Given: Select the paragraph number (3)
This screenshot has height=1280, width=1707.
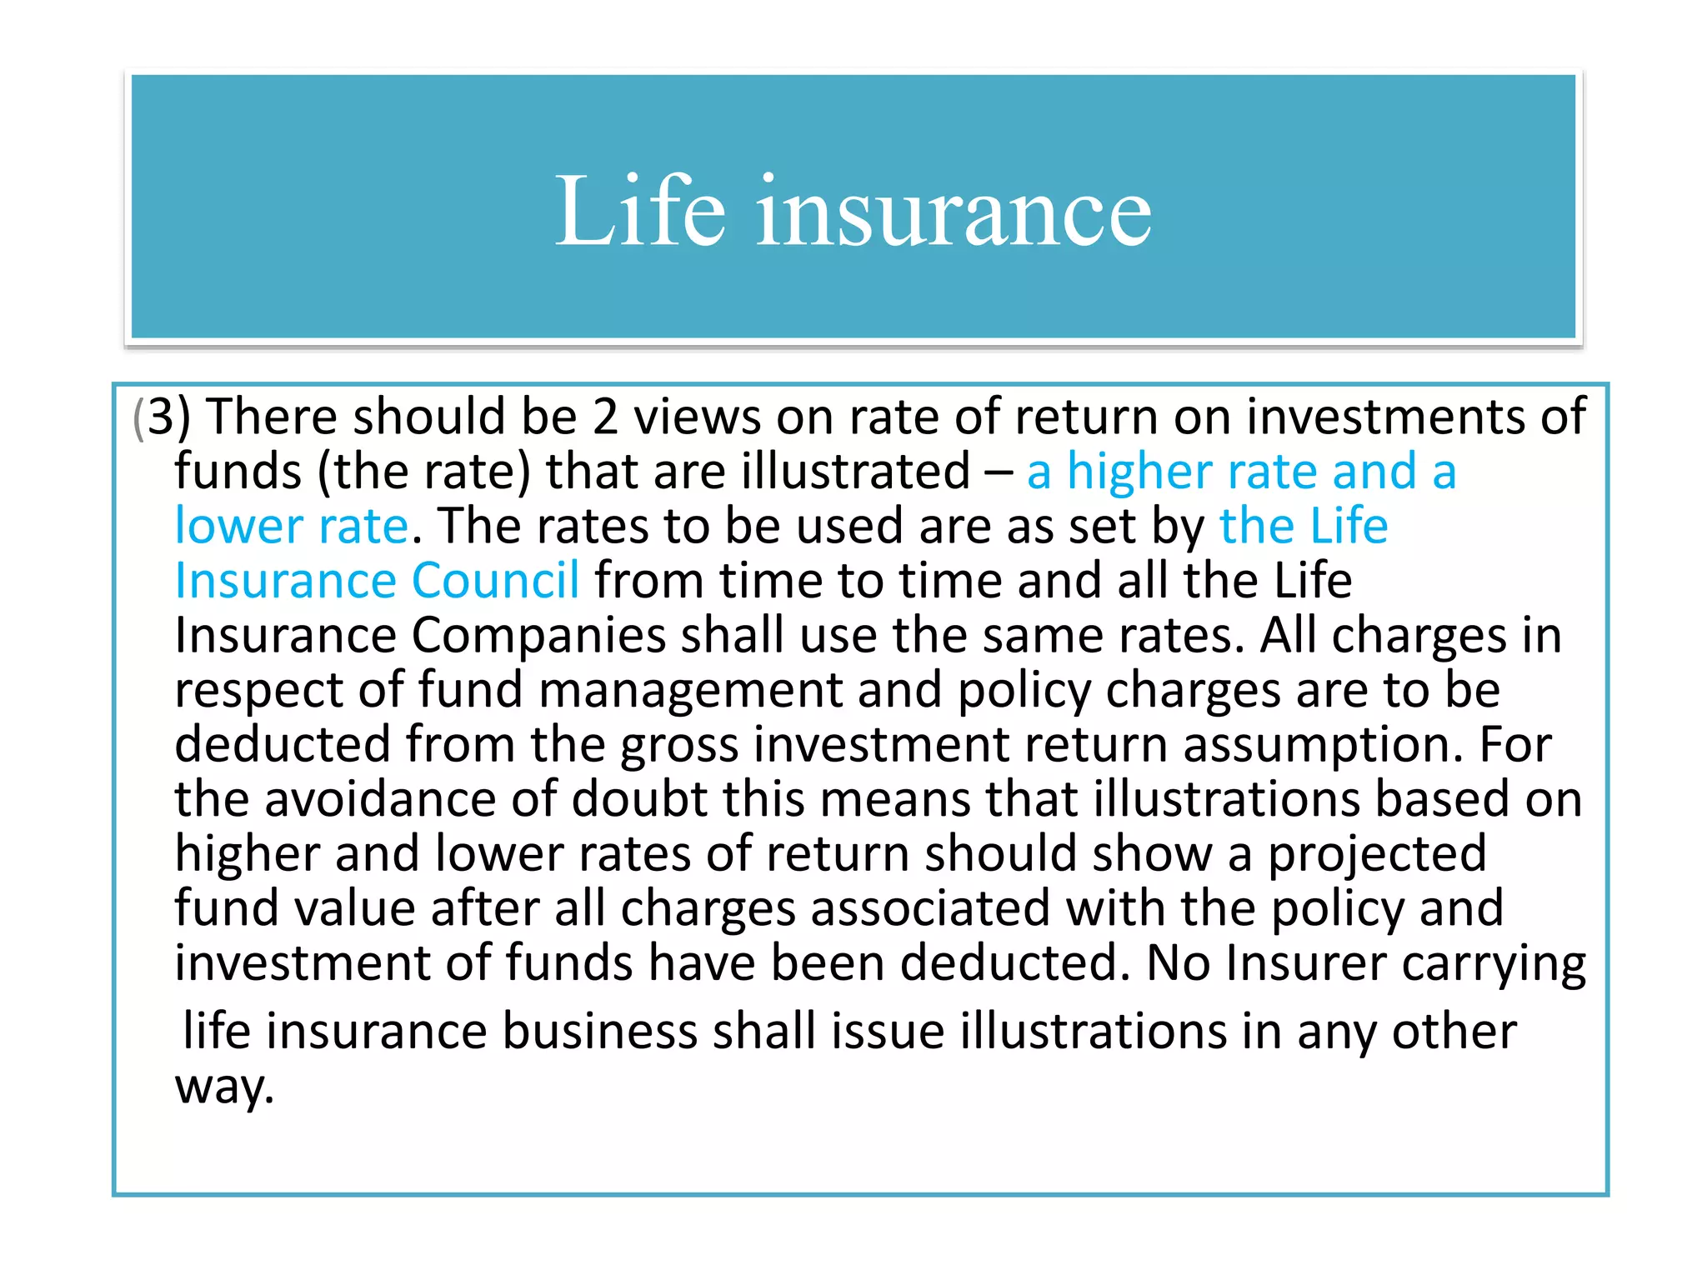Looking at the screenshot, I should tap(163, 417).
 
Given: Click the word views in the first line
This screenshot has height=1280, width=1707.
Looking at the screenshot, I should tap(697, 417).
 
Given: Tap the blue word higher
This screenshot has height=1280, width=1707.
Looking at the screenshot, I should tap(1139, 472).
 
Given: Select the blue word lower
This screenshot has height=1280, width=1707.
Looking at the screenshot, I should tap(238, 526).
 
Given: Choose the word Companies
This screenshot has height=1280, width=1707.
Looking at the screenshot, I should tap(538, 635).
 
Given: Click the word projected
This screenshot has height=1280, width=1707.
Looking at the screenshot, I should tap(1377, 853).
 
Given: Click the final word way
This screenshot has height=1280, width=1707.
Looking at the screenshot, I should tap(223, 1087).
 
